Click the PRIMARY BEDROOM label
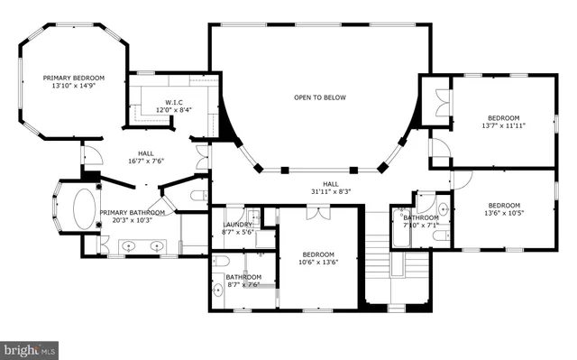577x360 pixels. click(x=74, y=78)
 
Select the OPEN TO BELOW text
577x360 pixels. click(x=319, y=97)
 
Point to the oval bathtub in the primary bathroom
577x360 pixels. click(x=85, y=207)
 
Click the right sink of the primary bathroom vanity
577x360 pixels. click(x=159, y=245)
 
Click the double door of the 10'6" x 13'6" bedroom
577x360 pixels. click(x=317, y=214)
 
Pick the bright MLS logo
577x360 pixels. click(x=31, y=347)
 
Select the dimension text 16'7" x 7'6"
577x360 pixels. click(x=146, y=162)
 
